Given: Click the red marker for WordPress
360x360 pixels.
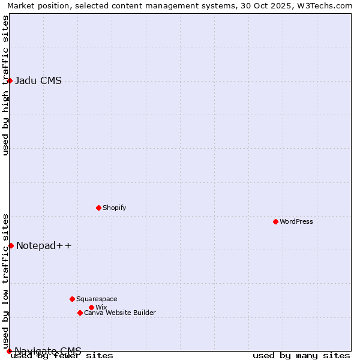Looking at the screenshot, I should point(275,221).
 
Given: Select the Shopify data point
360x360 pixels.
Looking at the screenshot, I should point(98,208).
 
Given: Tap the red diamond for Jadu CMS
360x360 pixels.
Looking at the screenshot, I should point(10,80).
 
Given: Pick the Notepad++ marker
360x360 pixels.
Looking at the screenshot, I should point(11,245).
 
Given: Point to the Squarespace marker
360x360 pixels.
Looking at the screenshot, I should point(72,299).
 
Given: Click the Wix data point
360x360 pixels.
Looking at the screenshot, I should point(91,307).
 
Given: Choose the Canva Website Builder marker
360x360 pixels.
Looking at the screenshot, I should point(80,313).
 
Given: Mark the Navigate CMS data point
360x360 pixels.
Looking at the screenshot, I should point(9,351).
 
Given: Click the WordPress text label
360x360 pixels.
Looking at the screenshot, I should point(296,221).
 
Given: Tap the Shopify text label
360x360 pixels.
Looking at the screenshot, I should point(114,208).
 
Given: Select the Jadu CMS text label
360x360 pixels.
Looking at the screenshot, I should point(38,81).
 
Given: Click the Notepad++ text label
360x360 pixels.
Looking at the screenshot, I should point(44,245).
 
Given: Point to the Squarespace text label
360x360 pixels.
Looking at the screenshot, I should point(97,299).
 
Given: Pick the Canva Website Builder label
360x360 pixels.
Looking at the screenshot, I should point(120,313).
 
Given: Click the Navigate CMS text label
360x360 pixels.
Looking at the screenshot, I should point(48,350).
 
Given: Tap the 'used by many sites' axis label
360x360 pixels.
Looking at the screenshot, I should point(301,356).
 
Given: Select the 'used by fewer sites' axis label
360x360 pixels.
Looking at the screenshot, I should point(62,356).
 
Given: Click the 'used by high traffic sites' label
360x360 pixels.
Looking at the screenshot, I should point(5,85).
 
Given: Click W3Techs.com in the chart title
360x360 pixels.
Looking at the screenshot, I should point(325,6).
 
